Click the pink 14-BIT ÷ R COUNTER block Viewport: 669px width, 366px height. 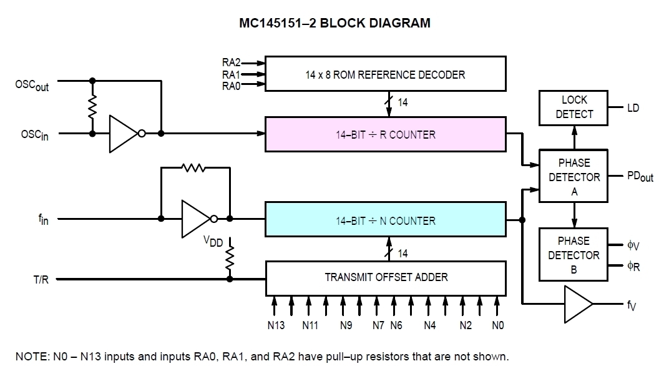click(x=385, y=134)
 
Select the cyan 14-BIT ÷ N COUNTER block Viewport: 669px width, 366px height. click(x=385, y=220)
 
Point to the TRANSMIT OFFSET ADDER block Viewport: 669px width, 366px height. click(x=385, y=277)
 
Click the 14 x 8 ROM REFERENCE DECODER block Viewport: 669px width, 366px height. click(x=385, y=74)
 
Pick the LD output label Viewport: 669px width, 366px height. click(x=633, y=108)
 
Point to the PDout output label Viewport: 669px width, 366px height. click(x=639, y=177)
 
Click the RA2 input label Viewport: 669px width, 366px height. click(x=231, y=62)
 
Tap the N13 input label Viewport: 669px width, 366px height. click(x=275, y=325)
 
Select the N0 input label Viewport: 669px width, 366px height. click(x=497, y=325)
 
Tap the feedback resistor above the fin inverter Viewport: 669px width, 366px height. click(x=193, y=167)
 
